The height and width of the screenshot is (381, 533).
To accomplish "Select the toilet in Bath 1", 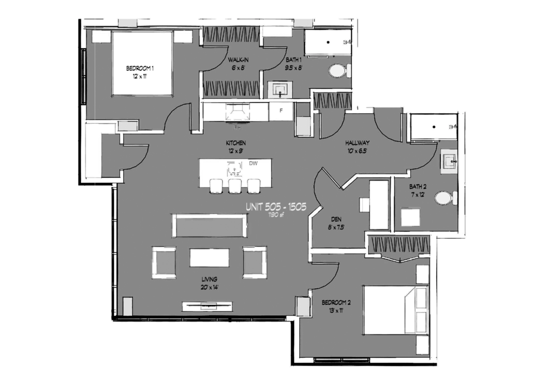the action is pos(339,71).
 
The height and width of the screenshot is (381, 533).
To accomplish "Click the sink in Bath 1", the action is pos(280,90).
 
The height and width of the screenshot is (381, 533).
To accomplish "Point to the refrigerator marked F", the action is pos(281,111).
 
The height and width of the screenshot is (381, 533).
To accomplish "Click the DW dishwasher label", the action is pos(253,163).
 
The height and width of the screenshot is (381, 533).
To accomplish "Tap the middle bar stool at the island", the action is pos(235,186).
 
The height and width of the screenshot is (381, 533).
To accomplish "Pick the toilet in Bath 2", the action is pos(446,198).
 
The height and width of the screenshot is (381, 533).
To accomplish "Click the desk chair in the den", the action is pos(364,205).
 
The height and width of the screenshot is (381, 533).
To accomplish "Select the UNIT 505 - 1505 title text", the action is pos(276,207).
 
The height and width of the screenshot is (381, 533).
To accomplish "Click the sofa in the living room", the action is pos(210,226).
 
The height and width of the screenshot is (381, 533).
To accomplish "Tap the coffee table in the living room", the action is pos(210,257).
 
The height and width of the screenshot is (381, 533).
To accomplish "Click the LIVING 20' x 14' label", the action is pos(210,283).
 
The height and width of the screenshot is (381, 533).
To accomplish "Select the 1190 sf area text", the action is pos(276,215).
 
